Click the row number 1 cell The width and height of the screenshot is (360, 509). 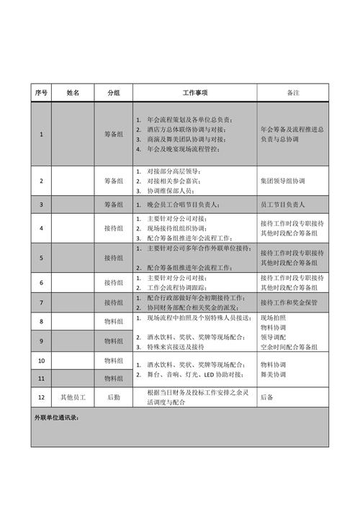41,134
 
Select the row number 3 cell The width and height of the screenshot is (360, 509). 41,205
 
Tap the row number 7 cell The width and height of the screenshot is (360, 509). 41,302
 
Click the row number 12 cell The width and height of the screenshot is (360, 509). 41,397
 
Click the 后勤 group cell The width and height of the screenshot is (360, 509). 114,397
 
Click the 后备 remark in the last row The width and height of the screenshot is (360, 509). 268,397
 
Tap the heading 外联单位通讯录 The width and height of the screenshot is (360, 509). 56,418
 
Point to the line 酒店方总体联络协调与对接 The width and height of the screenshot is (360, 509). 190,129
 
